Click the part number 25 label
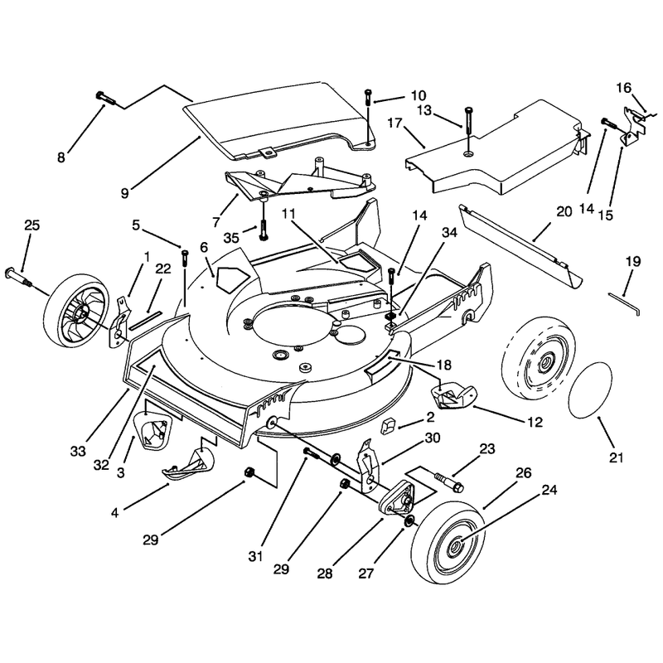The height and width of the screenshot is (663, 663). tap(31, 225)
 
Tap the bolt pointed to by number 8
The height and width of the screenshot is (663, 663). tap(106, 98)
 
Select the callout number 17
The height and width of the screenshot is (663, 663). tap(395, 123)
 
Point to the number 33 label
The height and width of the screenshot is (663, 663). tap(78, 451)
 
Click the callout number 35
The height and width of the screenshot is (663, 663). tap(231, 238)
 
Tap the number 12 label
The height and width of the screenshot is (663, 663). tap(535, 422)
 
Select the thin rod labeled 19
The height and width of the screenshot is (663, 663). tap(624, 302)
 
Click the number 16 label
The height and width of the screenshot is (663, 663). tap(623, 89)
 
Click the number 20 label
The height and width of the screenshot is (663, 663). tap(564, 211)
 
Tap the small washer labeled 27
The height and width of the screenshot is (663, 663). tap(409, 521)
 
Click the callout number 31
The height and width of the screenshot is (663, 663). tap(255, 556)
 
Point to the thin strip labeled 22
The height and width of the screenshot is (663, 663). tap(145, 320)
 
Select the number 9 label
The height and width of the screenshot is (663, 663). tap(124, 194)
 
